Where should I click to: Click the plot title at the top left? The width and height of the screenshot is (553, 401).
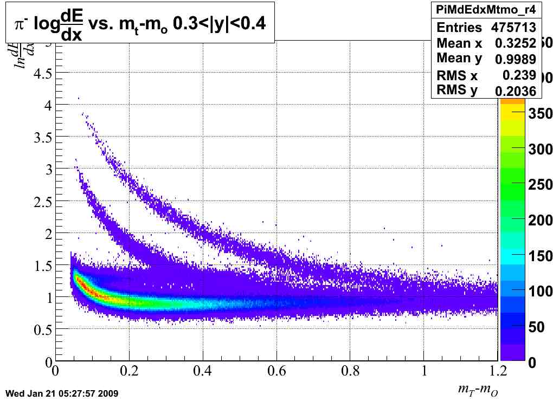point(139,22)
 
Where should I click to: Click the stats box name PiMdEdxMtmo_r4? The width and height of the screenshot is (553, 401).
point(486,10)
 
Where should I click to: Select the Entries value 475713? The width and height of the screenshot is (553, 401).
point(513,28)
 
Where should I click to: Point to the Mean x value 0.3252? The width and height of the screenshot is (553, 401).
point(516,43)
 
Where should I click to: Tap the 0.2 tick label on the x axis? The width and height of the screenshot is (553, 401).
point(129,371)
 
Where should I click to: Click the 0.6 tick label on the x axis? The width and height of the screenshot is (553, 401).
point(276,371)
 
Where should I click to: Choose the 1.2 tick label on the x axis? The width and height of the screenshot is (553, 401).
point(497,371)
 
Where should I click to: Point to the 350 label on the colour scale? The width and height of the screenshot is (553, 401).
point(537,113)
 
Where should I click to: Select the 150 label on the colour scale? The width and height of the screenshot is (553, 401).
point(537,256)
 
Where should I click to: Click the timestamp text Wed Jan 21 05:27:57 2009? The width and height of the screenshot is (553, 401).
point(61,393)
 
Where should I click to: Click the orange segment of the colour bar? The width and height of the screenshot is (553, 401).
point(512,101)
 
